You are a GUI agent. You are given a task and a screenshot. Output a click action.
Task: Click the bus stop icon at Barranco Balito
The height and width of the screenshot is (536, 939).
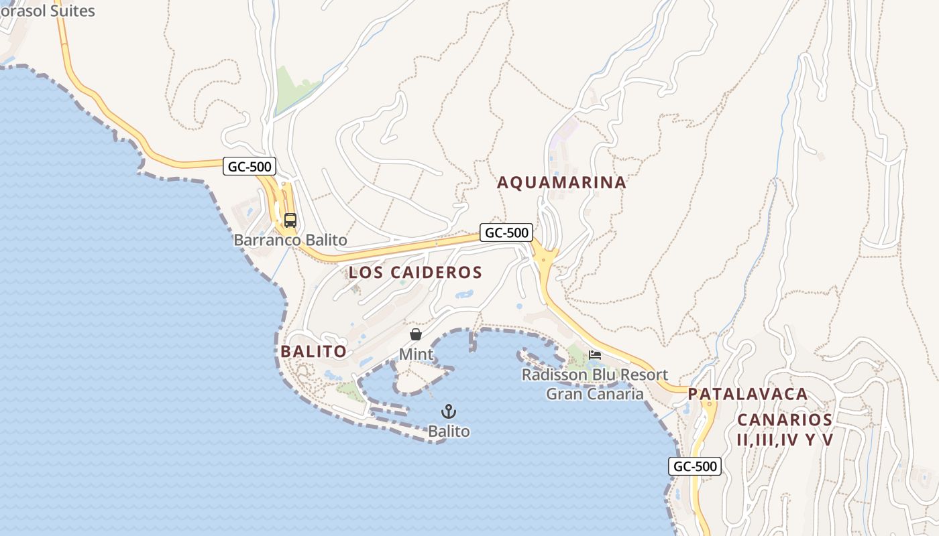point(290,220)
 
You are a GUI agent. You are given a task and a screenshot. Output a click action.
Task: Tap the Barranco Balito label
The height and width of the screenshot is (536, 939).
point(290,240)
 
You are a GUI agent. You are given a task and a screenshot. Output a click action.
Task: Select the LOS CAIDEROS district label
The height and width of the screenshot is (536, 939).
point(415,272)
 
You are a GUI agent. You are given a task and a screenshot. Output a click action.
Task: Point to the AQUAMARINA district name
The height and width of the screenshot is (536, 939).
point(561,182)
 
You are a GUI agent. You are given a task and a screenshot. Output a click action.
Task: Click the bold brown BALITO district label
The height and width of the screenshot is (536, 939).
point(313,351)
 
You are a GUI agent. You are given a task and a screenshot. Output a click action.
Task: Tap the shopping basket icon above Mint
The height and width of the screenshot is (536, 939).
point(416,334)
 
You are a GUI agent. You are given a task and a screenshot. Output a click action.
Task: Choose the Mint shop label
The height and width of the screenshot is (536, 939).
point(416,353)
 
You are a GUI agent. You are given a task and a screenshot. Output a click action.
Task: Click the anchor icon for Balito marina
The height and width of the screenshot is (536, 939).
point(449,411)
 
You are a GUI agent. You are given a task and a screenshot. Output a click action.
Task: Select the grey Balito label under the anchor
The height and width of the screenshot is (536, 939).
point(449,431)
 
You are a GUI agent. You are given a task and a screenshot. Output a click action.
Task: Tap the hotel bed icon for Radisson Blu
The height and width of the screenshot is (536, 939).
point(595,354)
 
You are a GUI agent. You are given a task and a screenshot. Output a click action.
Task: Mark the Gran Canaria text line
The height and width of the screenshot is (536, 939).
point(595,394)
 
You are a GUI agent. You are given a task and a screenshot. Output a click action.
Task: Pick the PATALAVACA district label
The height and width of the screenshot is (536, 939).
point(748,394)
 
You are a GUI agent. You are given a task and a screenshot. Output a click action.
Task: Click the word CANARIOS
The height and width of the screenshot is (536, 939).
point(785,420)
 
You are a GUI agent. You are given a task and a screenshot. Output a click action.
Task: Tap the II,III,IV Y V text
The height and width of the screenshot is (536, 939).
point(785,440)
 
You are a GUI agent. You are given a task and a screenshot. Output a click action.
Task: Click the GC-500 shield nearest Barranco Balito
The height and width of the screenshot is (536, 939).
point(250,167)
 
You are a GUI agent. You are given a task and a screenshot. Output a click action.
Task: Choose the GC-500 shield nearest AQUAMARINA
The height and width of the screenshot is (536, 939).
point(506,233)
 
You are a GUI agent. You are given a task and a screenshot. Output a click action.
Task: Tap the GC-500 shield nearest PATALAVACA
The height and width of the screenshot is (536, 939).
point(695,466)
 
